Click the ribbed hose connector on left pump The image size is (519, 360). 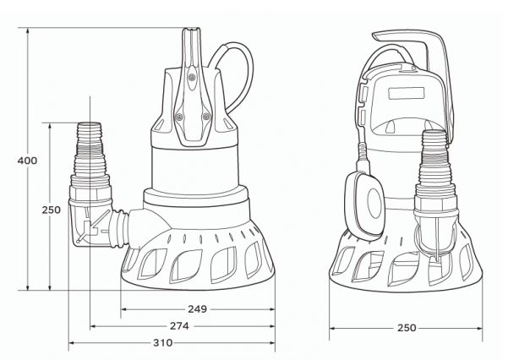tap(88, 152)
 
